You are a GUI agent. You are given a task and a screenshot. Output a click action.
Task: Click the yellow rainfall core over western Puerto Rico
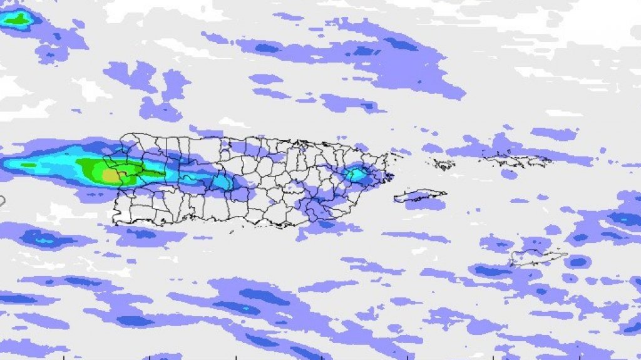(x=111, y=176)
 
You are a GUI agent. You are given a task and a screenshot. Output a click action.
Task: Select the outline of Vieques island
(x=420, y=195)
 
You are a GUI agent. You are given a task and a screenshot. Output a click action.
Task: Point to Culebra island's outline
(x=444, y=165)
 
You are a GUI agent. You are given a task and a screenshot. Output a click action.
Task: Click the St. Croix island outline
(x=538, y=257)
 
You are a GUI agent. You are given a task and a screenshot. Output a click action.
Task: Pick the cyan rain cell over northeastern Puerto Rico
(x=356, y=175)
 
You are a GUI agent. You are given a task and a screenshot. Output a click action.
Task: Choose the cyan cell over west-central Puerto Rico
(x=221, y=182)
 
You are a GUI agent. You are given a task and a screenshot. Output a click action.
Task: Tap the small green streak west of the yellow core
(x=28, y=165)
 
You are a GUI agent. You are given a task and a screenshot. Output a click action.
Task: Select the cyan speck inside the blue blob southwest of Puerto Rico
(x=44, y=239)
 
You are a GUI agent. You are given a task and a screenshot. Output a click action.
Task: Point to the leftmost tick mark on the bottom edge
(x=64, y=357)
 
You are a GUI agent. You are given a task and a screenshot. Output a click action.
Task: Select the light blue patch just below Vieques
(x=426, y=204)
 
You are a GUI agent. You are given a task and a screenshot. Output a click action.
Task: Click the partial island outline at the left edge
(x=2, y=201)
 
